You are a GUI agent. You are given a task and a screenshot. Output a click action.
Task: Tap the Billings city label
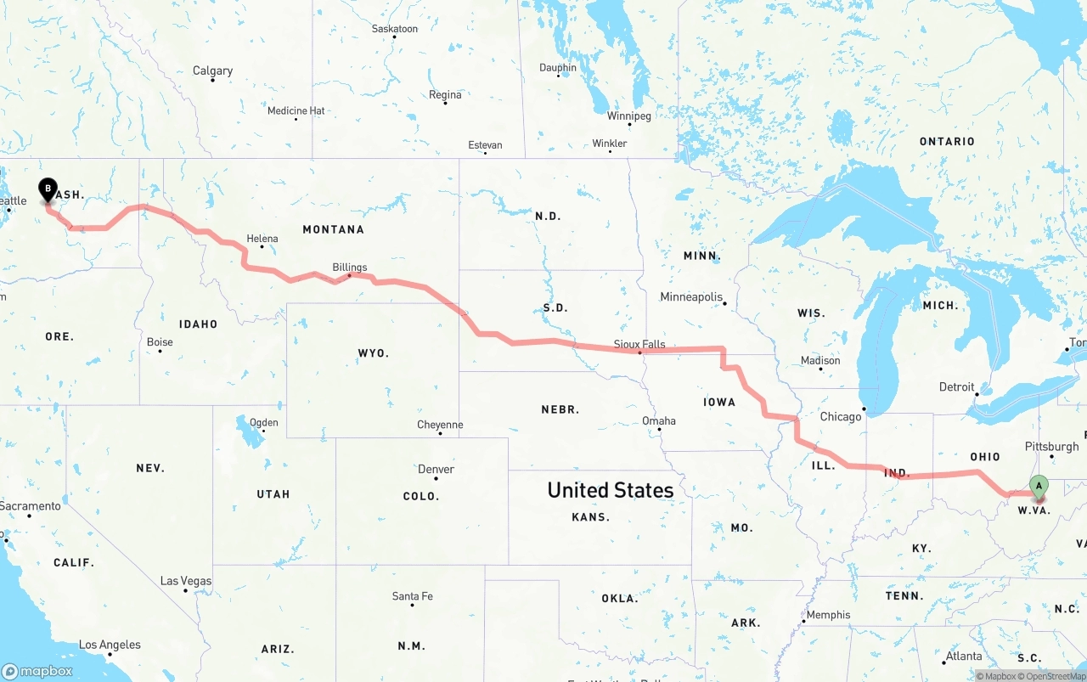pos(350,268)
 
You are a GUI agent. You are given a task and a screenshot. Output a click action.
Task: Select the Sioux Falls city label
pos(639,344)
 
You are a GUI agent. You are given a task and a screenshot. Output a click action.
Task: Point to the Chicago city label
pos(841,417)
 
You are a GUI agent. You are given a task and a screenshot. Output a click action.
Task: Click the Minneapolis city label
pos(691,297)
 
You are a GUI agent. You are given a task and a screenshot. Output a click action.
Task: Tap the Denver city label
pos(436,469)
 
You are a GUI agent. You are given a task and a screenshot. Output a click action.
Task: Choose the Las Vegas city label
pos(186,581)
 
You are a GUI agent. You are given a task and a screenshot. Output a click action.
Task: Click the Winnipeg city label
pos(628,116)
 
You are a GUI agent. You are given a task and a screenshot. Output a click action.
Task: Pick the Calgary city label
pos(212,70)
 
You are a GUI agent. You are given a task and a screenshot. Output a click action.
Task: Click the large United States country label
pos(610,490)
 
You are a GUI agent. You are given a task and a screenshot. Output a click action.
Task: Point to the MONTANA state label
pos(333,229)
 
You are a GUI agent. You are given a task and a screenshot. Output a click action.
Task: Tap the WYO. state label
pos(373,352)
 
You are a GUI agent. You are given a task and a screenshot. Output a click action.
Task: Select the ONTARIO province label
pos(947,141)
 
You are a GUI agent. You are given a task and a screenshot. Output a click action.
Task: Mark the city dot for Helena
pos(262,246)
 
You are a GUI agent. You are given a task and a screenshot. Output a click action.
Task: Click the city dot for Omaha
pos(660,430)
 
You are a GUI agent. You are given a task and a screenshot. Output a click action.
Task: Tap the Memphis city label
pos(828,615)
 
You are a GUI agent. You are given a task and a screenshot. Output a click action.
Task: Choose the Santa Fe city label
pos(412,596)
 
